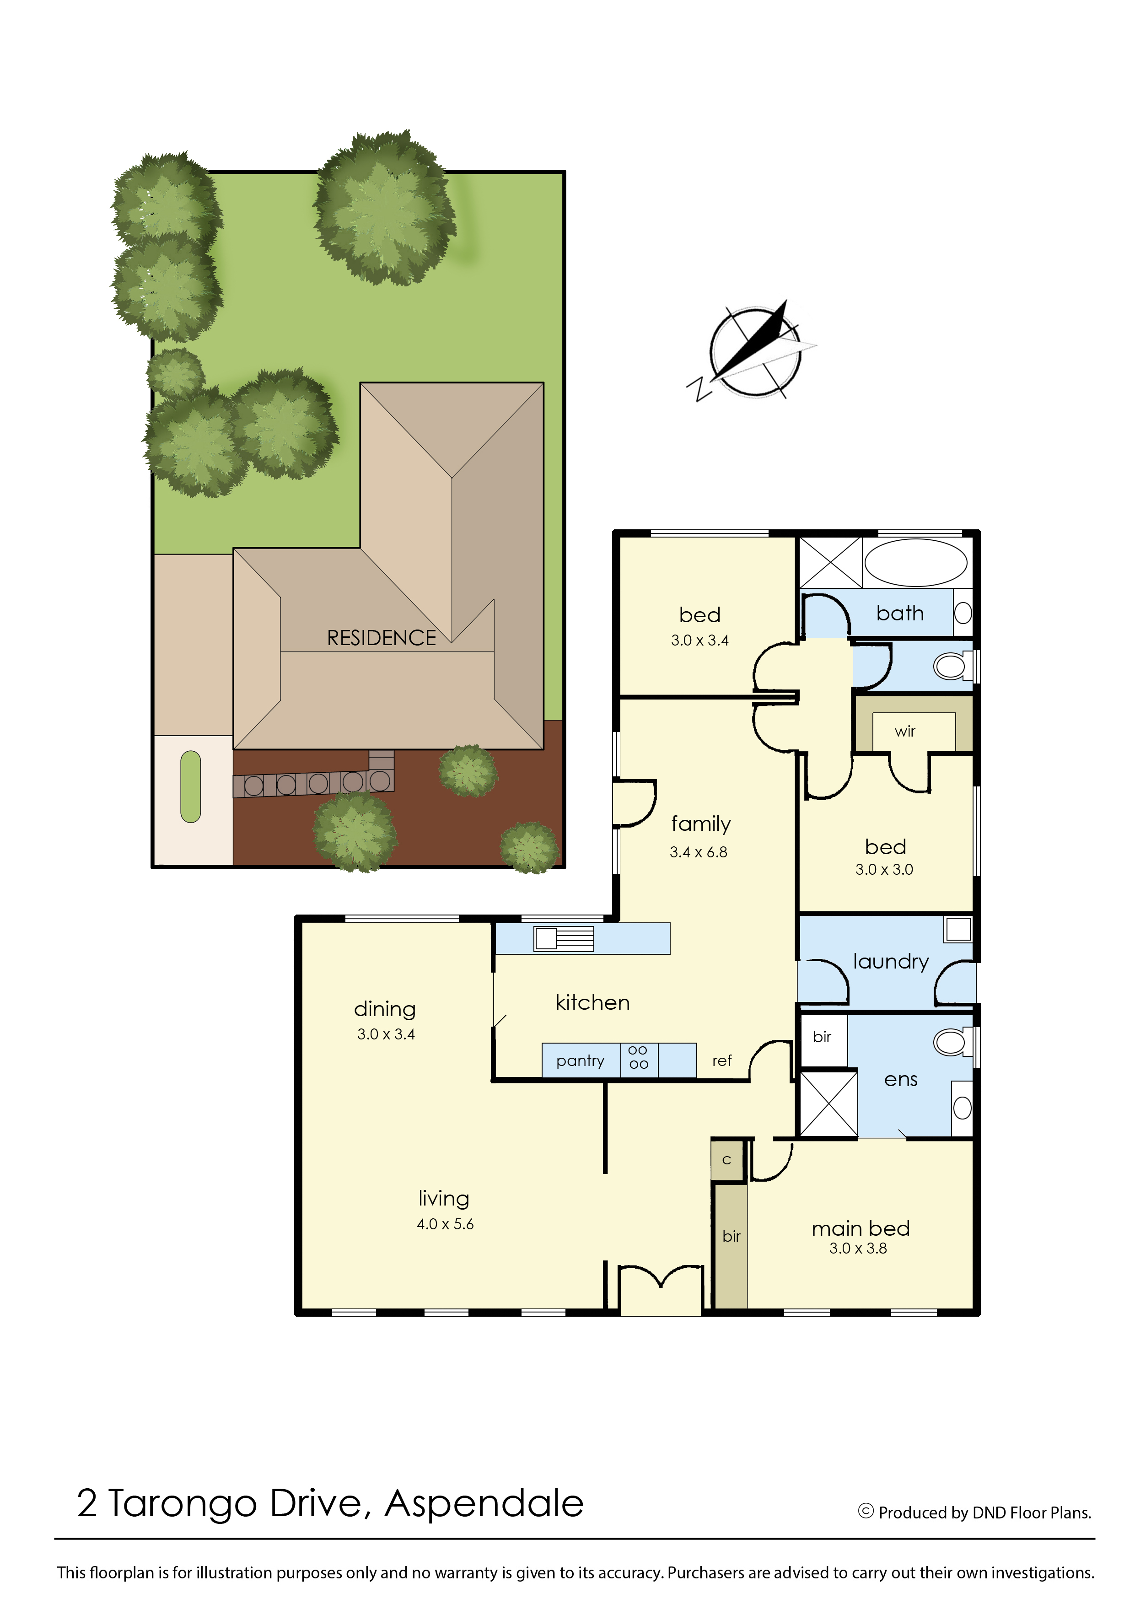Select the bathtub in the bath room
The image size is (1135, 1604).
coord(915,562)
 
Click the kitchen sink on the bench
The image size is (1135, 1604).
coord(563,939)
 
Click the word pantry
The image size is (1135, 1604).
coord(580,1061)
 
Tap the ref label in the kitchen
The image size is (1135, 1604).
coord(722,1061)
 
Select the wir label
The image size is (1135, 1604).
coord(904,732)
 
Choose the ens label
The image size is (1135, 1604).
coord(900,1080)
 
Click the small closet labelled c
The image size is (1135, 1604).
coord(727,1160)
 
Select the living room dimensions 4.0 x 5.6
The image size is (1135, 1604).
coord(445,1224)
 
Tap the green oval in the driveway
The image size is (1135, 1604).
coord(190,786)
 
